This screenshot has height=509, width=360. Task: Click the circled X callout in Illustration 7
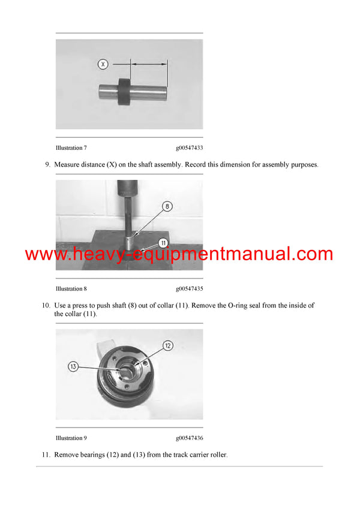coord(103,64)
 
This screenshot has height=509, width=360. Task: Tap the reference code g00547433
coord(189,147)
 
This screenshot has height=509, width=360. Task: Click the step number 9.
coord(47,164)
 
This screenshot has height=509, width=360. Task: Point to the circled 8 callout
coord(167,206)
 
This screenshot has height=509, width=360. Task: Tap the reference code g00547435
coord(189,288)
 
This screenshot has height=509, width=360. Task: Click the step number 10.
coord(46,305)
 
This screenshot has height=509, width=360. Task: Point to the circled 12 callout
coord(168,345)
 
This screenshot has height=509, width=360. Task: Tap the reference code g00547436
coord(189,438)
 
